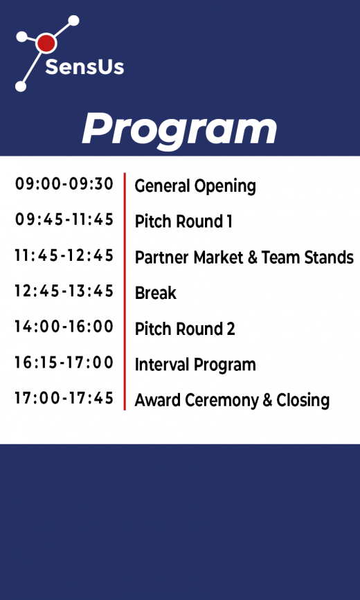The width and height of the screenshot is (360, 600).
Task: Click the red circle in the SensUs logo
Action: click(46, 44)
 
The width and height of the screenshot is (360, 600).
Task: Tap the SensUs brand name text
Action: click(84, 67)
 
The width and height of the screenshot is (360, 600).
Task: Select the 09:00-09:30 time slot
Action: click(64, 184)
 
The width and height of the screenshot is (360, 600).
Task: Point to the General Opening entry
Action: click(195, 186)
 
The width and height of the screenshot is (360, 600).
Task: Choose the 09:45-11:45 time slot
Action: click(64, 220)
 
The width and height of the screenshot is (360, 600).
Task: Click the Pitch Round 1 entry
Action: click(183, 221)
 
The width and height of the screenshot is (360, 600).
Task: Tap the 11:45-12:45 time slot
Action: click(64, 255)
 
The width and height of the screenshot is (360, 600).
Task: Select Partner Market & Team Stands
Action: click(244, 257)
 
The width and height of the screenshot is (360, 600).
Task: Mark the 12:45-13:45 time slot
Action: click(64, 291)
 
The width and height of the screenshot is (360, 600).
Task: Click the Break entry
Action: click(156, 293)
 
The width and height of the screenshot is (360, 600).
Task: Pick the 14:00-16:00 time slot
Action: click(64, 327)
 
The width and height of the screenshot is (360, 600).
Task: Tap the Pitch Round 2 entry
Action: click(185, 329)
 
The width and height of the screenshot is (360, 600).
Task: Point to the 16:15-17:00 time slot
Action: click(64, 363)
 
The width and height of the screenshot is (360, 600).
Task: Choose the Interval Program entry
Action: click(195, 365)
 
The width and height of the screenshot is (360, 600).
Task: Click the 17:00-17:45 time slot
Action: click(64, 399)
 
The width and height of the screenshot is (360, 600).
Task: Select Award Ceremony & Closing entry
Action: click(232, 400)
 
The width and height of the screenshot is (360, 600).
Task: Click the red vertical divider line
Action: click(125, 291)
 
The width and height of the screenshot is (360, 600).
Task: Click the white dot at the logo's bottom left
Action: click(21, 87)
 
